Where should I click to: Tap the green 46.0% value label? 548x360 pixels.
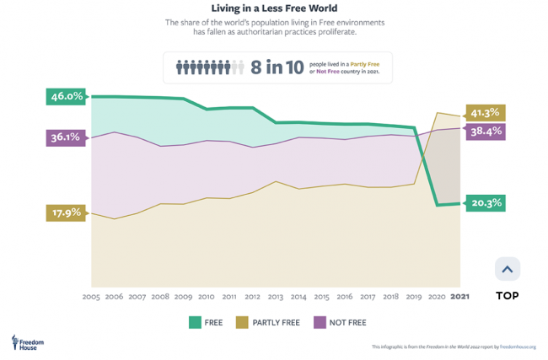[67, 96]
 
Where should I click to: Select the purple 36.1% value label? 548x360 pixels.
[65, 137]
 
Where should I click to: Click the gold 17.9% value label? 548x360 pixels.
[65, 212]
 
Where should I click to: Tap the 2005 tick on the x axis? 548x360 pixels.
[91, 297]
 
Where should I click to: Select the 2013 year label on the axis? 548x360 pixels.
[275, 297]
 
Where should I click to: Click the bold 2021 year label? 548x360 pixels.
[460, 297]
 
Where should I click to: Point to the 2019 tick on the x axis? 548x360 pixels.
[414, 297]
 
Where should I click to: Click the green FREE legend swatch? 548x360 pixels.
[192, 322]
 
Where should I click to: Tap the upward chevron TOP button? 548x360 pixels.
[507, 270]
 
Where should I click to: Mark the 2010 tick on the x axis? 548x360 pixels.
[206, 297]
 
